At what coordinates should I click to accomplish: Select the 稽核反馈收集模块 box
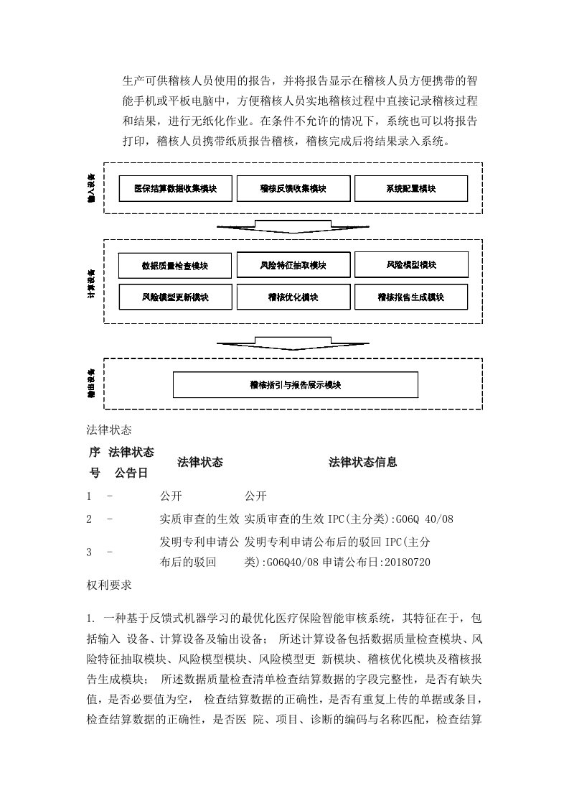pyautogui.click(x=293, y=189)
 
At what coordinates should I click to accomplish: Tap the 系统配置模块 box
pyautogui.click(x=410, y=189)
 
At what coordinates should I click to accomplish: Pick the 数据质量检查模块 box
pyautogui.click(x=175, y=266)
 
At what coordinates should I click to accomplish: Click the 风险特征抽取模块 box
pyautogui.click(x=293, y=265)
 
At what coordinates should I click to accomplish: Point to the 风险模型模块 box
pyautogui.click(x=411, y=264)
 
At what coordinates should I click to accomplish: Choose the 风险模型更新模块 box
pyautogui.click(x=175, y=297)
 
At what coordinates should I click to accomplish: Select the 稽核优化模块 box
pyautogui.click(x=293, y=297)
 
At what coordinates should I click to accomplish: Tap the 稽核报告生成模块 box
pyautogui.click(x=411, y=297)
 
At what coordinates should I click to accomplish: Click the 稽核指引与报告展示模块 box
pyautogui.click(x=295, y=385)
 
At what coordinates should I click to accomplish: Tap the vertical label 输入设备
pyautogui.click(x=91, y=188)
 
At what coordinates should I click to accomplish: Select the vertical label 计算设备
pyautogui.click(x=91, y=282)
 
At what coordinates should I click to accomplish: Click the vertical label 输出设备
pyautogui.click(x=91, y=384)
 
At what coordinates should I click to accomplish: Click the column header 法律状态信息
pyautogui.click(x=363, y=463)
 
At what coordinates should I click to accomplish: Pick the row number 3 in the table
pyautogui.click(x=89, y=552)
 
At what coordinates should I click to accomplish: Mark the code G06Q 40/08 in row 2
pyautogui.click(x=425, y=519)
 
